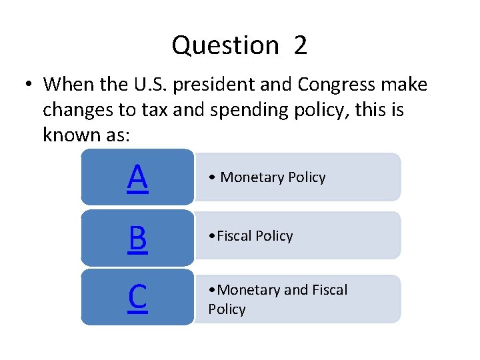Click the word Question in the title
coord(225,46)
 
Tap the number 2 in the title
coord(300,46)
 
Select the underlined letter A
coord(137,177)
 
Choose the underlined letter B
coord(137,238)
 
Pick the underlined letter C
coord(137,297)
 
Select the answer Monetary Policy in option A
coord(273,177)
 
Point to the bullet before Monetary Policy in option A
coord(211,177)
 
